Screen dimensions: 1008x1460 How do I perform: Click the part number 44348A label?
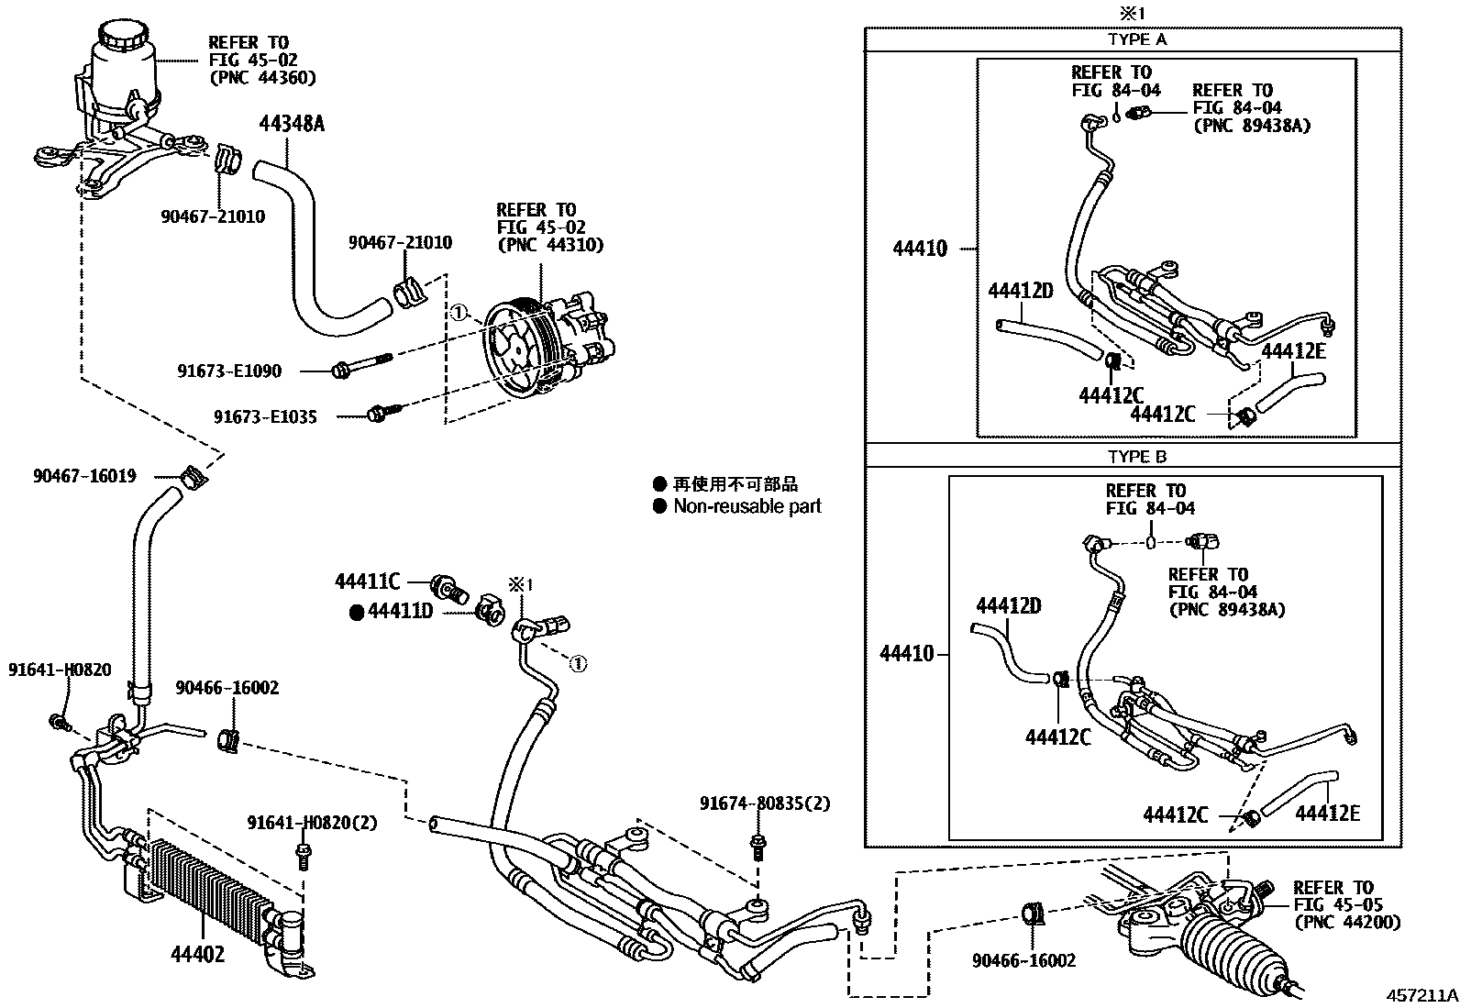(291, 122)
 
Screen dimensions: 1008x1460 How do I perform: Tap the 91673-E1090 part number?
(229, 371)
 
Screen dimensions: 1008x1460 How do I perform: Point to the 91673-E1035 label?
(265, 417)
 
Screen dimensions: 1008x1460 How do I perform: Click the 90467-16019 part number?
(84, 476)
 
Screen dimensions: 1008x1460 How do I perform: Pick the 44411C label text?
(367, 582)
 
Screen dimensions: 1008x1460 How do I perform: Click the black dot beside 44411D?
(357, 612)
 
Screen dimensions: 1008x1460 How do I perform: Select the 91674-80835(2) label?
(764, 804)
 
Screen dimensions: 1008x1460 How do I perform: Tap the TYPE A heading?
(1136, 39)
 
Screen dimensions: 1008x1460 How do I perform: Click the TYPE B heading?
(1136, 456)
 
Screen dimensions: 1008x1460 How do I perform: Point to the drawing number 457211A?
(1421, 995)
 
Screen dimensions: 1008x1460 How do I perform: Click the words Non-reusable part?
(747, 506)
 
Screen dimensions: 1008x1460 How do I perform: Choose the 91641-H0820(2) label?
(312, 823)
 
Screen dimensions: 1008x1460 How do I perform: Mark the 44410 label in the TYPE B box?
(906, 654)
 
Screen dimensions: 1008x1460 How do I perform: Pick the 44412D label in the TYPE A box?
(1020, 291)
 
